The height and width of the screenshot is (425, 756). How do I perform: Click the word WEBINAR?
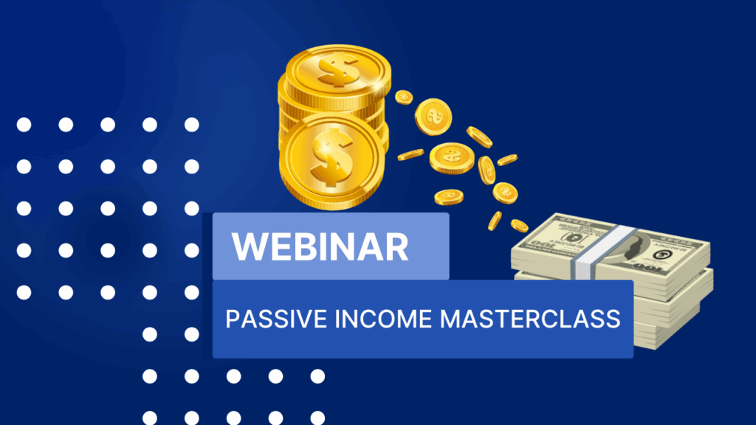[320, 246]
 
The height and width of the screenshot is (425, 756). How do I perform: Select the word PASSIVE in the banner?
[276, 319]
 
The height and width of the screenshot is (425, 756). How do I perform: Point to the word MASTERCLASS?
[530, 319]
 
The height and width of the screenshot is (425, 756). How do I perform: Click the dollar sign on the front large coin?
[331, 159]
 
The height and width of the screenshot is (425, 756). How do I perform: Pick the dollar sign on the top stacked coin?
[338, 70]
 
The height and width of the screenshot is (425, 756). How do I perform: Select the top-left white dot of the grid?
[24, 125]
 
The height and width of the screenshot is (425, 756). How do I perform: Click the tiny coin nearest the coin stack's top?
[404, 97]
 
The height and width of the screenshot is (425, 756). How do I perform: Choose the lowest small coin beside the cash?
[519, 226]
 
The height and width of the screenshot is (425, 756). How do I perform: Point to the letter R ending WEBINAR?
[397, 246]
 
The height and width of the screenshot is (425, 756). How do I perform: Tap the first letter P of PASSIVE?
[233, 319]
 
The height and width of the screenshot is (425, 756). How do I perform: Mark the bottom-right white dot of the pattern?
[317, 418]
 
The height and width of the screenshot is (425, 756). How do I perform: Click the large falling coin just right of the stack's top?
[433, 117]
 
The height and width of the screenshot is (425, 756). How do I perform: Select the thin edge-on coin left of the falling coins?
[410, 155]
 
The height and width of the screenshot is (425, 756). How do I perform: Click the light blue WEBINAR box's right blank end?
[429, 246]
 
